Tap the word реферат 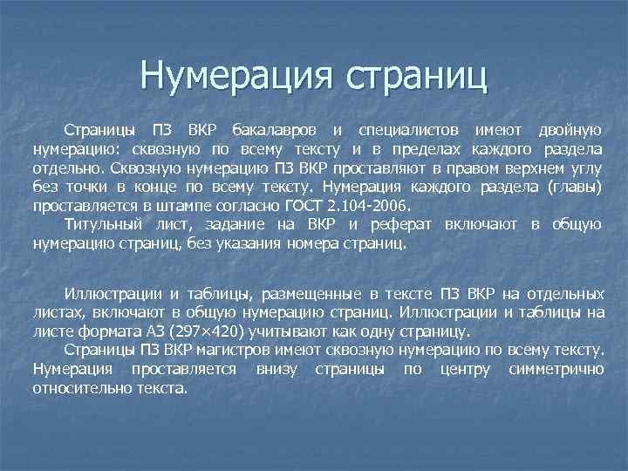(x=400, y=225)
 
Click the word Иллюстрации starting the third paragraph (x=112, y=293)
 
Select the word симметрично (x=560, y=370)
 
